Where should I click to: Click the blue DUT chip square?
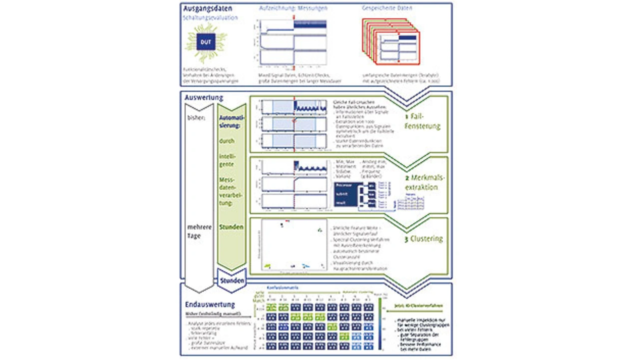(x=206, y=42)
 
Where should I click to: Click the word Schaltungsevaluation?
(x=210, y=18)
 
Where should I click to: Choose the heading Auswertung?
(x=203, y=98)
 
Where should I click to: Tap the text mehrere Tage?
(x=199, y=231)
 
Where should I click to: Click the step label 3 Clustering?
(x=423, y=239)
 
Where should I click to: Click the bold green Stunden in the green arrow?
(x=231, y=227)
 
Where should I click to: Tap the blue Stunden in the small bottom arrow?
(x=232, y=281)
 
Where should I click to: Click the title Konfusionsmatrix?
(x=283, y=289)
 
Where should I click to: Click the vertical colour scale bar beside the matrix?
(x=380, y=325)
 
